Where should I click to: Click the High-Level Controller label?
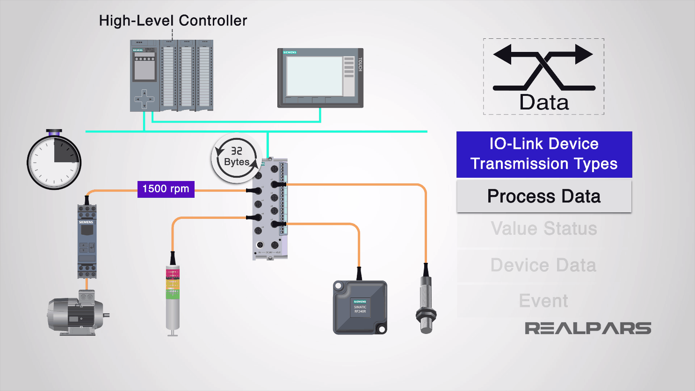pyautogui.click(x=173, y=21)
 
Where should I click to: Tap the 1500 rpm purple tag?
pyautogui.click(x=166, y=189)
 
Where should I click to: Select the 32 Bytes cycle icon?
pyautogui.click(x=237, y=157)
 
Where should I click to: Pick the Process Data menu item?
pyautogui.click(x=543, y=196)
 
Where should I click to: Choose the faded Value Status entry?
pyautogui.click(x=543, y=229)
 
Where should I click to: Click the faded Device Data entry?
pyautogui.click(x=543, y=265)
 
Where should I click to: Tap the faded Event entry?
pyautogui.click(x=543, y=301)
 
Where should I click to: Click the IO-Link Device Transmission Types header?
pyautogui.click(x=543, y=154)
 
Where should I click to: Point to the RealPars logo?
pyautogui.click(x=587, y=328)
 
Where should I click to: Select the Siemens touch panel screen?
pyautogui.click(x=314, y=76)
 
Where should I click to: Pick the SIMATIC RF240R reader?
pyautogui.click(x=360, y=307)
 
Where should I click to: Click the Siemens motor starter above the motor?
pyautogui.click(x=87, y=241)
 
